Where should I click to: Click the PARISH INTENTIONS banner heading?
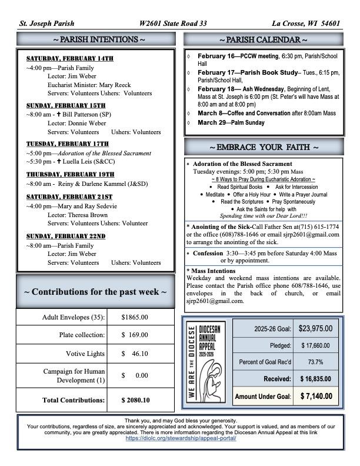[96, 39]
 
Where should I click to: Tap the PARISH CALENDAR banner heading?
[263, 39]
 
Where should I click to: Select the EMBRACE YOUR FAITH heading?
[263, 147]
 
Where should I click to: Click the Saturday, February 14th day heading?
[69, 59]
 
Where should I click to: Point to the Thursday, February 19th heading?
[70, 175]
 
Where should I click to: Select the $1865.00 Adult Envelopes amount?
[135, 317]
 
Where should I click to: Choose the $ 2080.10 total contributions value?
[135, 400]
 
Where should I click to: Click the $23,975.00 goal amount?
[315, 329]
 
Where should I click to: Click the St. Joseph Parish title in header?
[47, 24]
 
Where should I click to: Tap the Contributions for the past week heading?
[95, 292]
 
